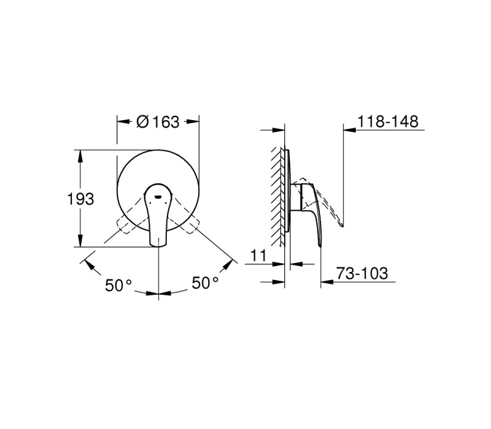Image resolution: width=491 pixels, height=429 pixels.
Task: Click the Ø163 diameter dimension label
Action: [158, 121]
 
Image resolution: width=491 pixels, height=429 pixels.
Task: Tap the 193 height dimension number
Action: [80, 199]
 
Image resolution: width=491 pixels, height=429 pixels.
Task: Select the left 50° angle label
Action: [118, 285]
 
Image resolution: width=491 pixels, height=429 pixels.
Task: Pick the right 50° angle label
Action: [205, 283]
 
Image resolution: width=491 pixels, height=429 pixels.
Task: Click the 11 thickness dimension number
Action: [258, 255]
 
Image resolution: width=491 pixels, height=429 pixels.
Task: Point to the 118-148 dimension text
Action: [388, 121]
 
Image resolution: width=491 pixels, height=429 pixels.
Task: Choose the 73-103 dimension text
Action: [362, 273]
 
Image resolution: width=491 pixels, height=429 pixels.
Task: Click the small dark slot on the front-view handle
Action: [158, 197]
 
